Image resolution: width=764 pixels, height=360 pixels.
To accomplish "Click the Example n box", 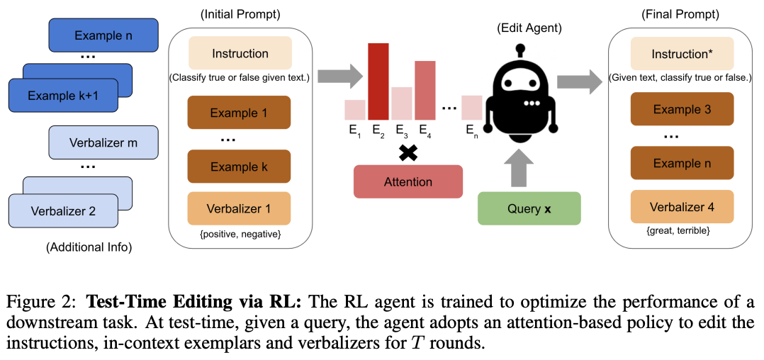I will coord(103,35).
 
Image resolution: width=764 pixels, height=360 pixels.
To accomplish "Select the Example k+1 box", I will coord(62,96).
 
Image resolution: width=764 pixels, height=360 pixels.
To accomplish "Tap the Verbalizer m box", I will coord(103,142).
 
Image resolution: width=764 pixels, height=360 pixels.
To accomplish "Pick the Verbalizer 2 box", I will coord(62,210).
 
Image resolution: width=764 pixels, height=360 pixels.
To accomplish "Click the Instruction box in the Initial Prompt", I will coord(240,54).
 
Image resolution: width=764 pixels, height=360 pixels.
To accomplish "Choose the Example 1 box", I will coord(239,112).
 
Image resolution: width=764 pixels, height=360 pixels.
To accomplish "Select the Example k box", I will coord(239,167).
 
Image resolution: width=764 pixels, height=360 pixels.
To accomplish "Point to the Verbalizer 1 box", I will coord(239,208).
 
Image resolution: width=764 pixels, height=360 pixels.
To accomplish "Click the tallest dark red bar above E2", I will coord(378,81).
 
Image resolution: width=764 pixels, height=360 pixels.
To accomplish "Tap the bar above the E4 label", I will coord(425,90).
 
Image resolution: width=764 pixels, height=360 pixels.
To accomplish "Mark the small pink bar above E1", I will coord(354,110).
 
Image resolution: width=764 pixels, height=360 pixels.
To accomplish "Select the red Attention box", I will coord(408,181).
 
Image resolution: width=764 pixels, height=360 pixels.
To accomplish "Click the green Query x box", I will coord(529,208).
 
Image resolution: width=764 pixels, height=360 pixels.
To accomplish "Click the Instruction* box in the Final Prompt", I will coord(682,53).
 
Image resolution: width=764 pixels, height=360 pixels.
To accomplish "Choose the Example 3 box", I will coord(682,109).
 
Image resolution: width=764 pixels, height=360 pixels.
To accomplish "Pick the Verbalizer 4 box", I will coord(682,207).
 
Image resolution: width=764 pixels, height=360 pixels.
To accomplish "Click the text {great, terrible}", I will coord(682,230).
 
